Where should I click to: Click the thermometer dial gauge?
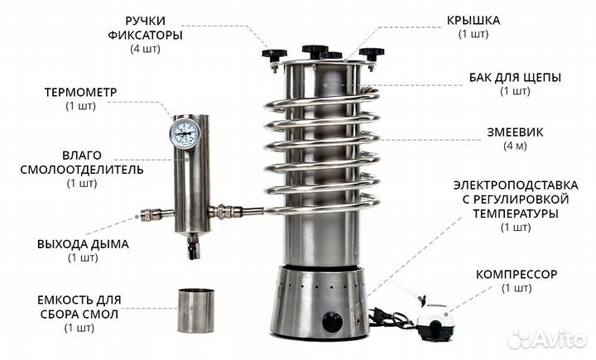click(x=185, y=133)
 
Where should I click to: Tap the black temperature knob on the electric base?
click(x=332, y=322)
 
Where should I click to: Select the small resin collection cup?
click(x=196, y=310)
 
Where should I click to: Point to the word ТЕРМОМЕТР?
click(x=80, y=93)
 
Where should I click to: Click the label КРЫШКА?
click(x=473, y=20)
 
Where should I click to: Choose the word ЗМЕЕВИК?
click(x=515, y=132)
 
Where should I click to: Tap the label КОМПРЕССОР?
click(x=517, y=274)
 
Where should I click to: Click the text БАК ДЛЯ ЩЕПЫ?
click(x=515, y=78)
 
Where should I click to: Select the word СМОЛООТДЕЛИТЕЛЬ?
click(x=82, y=170)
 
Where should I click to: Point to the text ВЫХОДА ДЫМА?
click(x=83, y=244)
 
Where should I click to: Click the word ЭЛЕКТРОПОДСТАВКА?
click(x=516, y=185)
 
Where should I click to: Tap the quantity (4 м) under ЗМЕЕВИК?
click(x=515, y=146)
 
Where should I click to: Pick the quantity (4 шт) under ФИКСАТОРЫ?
click(x=145, y=49)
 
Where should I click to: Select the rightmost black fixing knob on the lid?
click(x=372, y=54)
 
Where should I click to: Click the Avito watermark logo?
click(x=546, y=338)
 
